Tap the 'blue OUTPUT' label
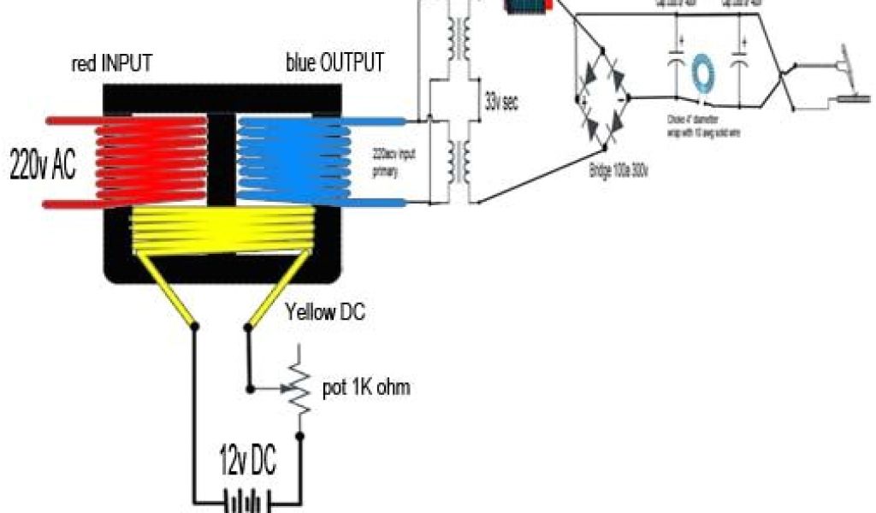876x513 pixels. pyautogui.click(x=334, y=64)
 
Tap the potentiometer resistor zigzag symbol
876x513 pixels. pyautogui.click(x=299, y=389)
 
